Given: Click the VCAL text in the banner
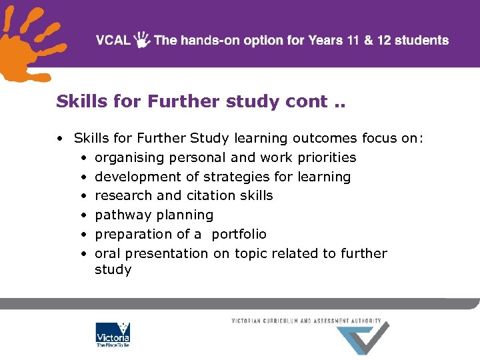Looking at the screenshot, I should (113, 40).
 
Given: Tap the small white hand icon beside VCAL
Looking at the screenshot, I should (142, 40).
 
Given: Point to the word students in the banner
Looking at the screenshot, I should (423, 40).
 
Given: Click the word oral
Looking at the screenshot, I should (108, 253).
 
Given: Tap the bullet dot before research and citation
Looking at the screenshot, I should (83, 196).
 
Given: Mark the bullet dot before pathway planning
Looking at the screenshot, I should (83, 215).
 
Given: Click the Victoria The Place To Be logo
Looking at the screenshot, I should (113, 335).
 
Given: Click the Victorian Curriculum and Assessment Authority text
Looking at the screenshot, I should (306, 321).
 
